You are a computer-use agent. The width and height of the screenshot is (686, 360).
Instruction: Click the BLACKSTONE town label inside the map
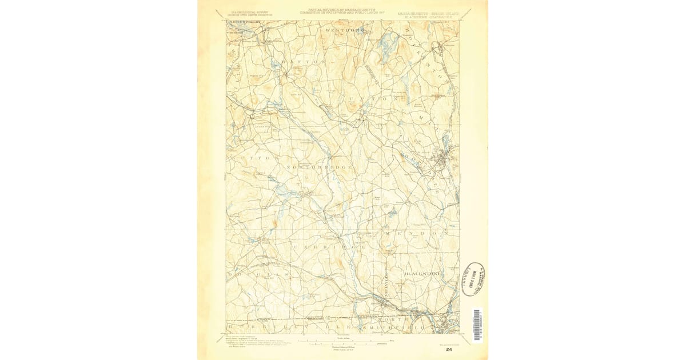pos(423,274)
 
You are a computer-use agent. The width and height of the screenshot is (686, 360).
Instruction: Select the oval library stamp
pos(473,279)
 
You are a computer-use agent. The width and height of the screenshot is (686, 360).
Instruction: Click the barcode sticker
pos(477,325)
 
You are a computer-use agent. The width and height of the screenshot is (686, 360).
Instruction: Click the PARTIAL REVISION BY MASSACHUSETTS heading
pos(343,10)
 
